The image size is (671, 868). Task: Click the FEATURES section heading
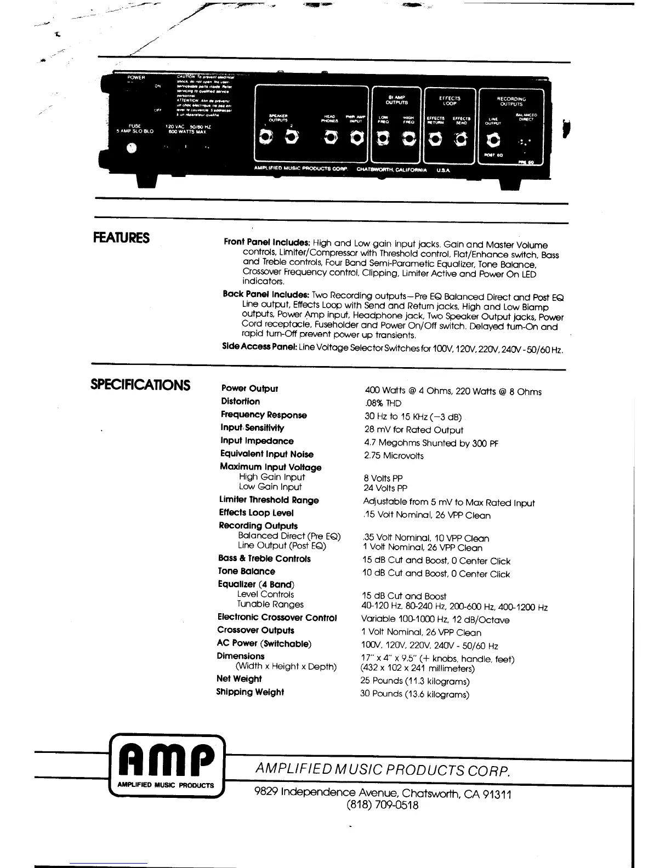[121, 238]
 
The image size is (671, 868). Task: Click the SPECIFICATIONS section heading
[140, 385]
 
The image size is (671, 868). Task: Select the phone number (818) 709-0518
[382, 806]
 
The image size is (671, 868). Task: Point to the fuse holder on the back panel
[132, 148]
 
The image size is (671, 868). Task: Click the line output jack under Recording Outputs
[493, 141]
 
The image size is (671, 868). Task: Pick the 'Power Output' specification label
[249, 389]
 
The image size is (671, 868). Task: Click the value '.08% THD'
[383, 403]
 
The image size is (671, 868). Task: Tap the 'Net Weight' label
[239, 678]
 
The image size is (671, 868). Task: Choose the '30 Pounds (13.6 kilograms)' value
[414, 694]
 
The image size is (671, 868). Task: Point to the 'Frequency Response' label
[264, 415]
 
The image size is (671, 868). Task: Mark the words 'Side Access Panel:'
[259, 346]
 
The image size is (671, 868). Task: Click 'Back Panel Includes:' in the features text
[266, 294]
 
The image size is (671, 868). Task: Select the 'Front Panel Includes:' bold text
[267, 242]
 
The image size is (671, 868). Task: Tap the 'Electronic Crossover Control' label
[277, 618]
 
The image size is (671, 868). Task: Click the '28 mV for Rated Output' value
[413, 430]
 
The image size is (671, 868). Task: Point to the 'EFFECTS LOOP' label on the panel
[450, 101]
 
